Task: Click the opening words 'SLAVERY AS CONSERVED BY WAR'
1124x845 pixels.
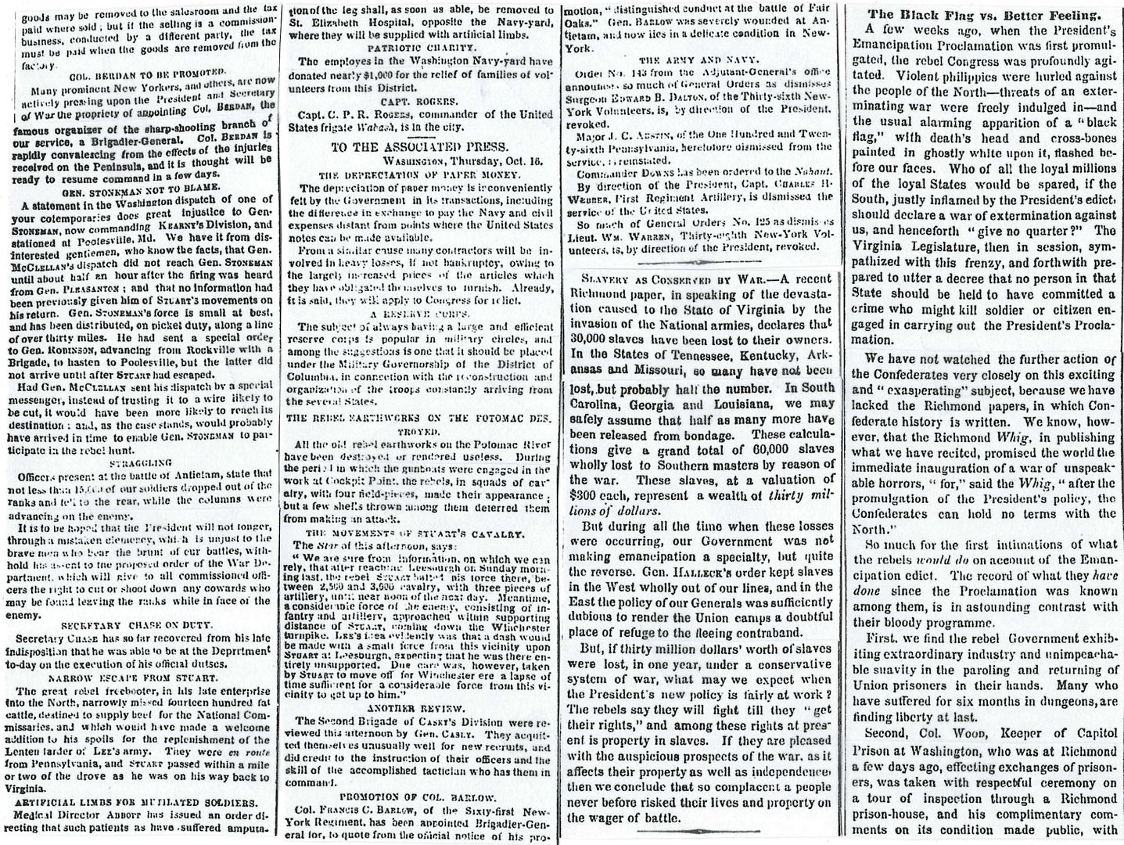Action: click(660, 282)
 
